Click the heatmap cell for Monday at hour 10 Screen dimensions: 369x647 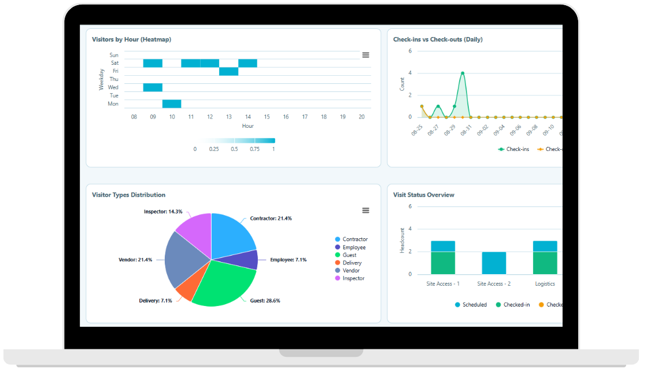pos(172,104)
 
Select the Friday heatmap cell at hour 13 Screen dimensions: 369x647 pos(228,72)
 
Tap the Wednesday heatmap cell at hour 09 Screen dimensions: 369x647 pos(153,88)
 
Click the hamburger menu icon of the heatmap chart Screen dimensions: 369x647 pos(365,55)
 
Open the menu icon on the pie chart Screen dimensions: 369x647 pos(365,211)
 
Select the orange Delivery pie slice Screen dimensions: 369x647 pos(186,290)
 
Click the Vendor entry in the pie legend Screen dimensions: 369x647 pos(350,271)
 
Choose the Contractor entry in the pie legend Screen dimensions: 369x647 pos(354,239)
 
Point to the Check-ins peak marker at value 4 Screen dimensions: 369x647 pos(463,73)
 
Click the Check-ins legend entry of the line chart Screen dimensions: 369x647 pos(514,149)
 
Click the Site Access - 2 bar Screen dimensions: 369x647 pos(494,263)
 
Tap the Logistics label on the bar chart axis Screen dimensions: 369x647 pos(545,284)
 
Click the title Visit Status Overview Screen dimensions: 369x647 pos(424,195)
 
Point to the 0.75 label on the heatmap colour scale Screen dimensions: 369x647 pos(254,149)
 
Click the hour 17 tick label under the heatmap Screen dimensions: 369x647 pos(305,117)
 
